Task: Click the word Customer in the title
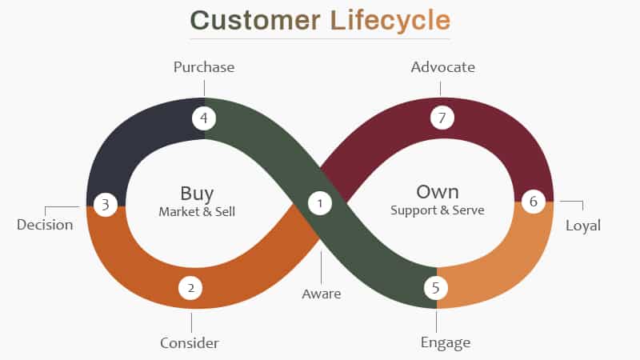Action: click(255, 21)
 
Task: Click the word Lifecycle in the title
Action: click(390, 22)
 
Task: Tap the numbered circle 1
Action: click(320, 203)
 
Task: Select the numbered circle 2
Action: click(190, 288)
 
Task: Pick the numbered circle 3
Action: click(106, 204)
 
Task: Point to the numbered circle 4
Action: click(204, 118)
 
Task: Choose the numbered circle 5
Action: click(435, 287)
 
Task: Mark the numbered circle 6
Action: click(534, 202)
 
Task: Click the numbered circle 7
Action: click(442, 118)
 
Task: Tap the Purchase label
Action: click(204, 67)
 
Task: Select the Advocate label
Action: click(443, 67)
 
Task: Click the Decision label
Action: click(45, 225)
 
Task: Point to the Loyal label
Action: click(583, 226)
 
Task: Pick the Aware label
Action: click(322, 294)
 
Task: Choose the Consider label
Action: click(190, 343)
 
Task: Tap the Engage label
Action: click(446, 343)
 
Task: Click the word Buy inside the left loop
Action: click(197, 194)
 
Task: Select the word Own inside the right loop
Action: click(438, 192)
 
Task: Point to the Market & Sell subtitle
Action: click(197, 211)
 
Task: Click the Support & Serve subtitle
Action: click(438, 210)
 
